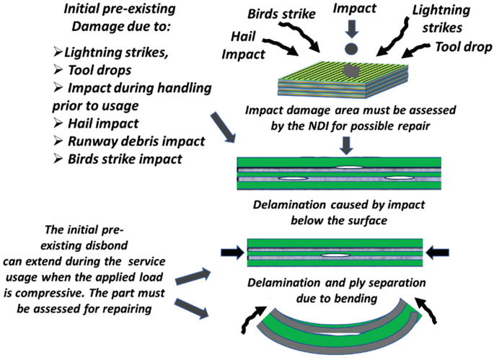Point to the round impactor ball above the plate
coord(350,49)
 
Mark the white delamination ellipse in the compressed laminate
coord(338,255)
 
